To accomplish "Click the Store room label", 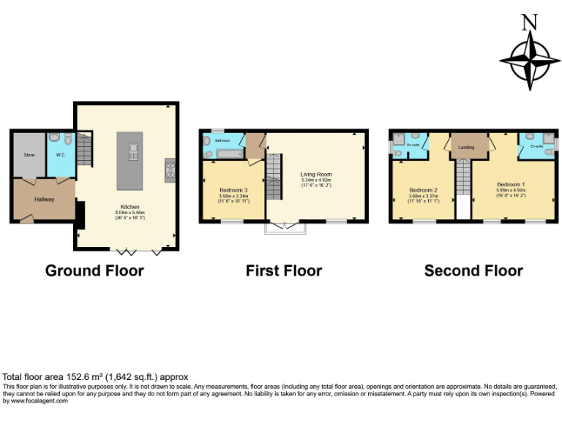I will [x=29, y=155].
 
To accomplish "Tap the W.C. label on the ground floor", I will [x=61, y=155].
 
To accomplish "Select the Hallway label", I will [x=44, y=199].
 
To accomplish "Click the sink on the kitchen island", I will [x=133, y=151].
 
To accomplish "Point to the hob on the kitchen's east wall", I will [x=170, y=170].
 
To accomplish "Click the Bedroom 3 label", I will [x=234, y=190].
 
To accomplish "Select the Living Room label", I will [x=316, y=175].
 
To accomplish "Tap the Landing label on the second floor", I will [x=466, y=148].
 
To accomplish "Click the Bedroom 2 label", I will [x=424, y=190].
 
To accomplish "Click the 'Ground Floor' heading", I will [x=94, y=270].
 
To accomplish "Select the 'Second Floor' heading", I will [x=473, y=270].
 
